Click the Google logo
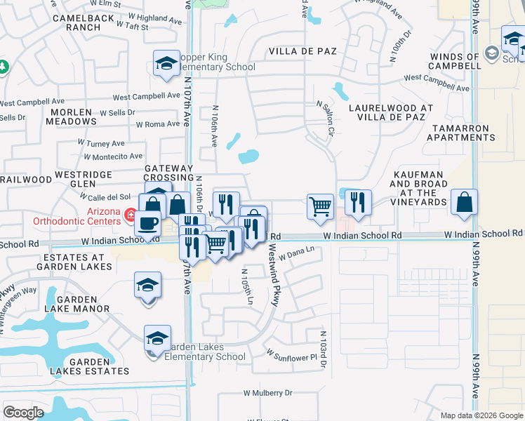[x=23, y=413]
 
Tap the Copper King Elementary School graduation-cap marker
[x=166, y=64]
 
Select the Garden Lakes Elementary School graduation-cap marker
[x=157, y=339]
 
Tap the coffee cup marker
[x=147, y=223]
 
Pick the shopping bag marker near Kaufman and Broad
[x=464, y=203]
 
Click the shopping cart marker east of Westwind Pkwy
[x=320, y=206]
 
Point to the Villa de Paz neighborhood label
[x=303, y=52]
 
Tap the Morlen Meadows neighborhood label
[x=72, y=116]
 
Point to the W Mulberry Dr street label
[x=267, y=394]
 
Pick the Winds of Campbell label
[x=456, y=61]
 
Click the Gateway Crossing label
[x=168, y=173]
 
